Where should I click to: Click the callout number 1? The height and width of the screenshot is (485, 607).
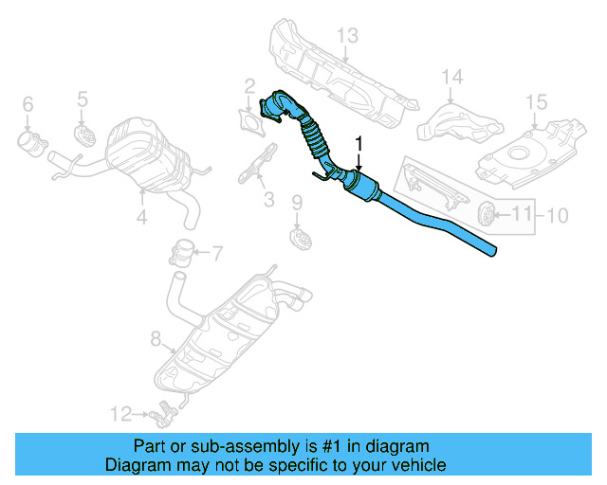(x=359, y=143)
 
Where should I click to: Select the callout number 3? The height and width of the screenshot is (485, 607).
(x=268, y=199)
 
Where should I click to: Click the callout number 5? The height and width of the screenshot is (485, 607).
(x=83, y=98)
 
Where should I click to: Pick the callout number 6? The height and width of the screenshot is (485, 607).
(x=27, y=103)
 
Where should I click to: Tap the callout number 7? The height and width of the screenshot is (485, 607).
(x=216, y=253)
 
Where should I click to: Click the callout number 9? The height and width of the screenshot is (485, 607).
(x=296, y=202)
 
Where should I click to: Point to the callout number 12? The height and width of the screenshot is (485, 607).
(x=119, y=412)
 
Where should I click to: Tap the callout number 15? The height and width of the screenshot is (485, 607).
(x=536, y=101)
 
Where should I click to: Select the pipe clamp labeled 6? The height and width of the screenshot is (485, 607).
(x=30, y=143)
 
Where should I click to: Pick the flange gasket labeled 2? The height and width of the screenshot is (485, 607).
(x=251, y=119)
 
